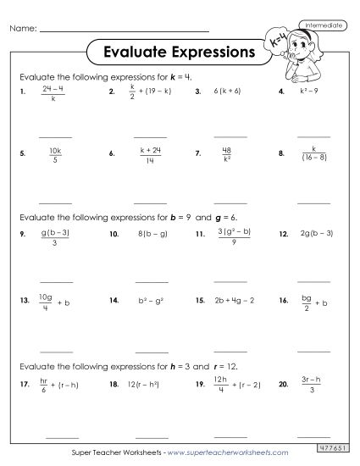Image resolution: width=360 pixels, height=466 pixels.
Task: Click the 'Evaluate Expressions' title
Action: point(178,52)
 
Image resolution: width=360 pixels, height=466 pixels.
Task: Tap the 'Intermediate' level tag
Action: point(322,26)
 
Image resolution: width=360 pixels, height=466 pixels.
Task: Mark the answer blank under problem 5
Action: point(56,202)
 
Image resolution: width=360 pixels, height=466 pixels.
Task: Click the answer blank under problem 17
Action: point(56,435)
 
